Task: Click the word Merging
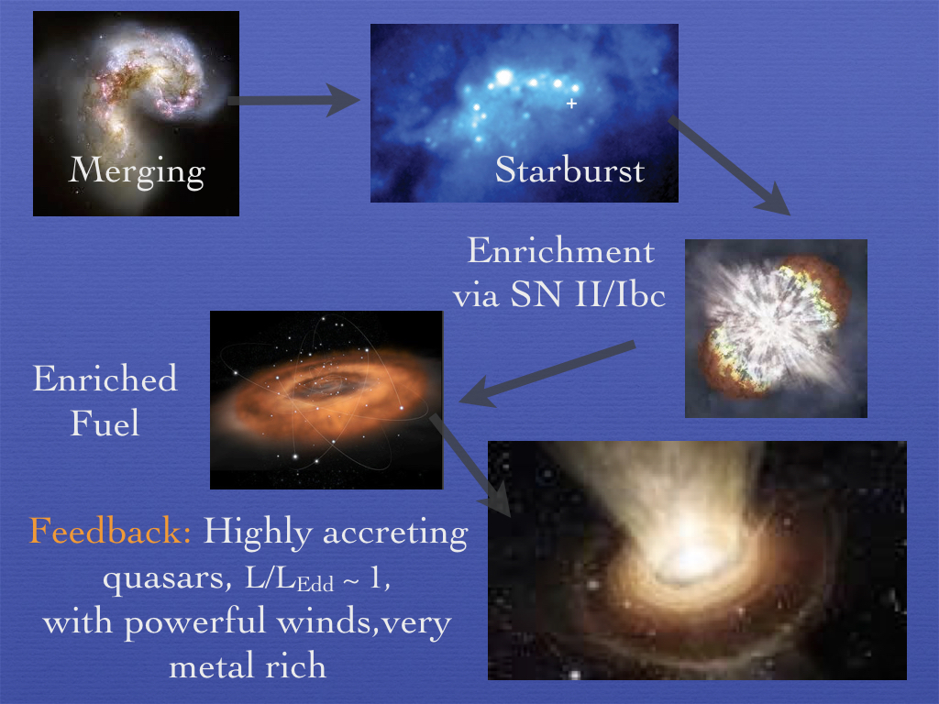tap(138, 171)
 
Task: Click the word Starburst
tap(569, 170)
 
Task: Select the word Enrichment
tap(560, 250)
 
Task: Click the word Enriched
tap(105, 379)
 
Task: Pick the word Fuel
tap(105, 423)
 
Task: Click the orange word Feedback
tap(110, 531)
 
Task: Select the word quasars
tap(167, 578)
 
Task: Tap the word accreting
tap(395, 533)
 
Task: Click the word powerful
tap(194, 622)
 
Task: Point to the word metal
tap(209, 666)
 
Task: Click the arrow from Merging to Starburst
tap(293, 101)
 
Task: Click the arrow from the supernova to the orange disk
tap(547, 374)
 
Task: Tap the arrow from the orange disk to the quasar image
tap(470, 465)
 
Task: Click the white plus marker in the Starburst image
tap(571, 104)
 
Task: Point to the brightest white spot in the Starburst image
tap(505, 77)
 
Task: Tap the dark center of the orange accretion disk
tap(324, 385)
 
